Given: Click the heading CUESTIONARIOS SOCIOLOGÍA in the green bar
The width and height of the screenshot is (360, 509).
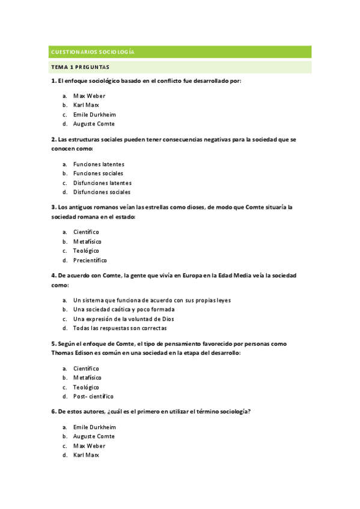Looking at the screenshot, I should [x=93, y=52].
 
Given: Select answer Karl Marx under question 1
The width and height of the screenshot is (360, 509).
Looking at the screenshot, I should [x=86, y=105].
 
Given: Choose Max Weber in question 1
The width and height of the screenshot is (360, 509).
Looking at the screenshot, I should [x=89, y=95].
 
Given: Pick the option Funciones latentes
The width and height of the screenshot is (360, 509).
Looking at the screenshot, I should [x=99, y=164].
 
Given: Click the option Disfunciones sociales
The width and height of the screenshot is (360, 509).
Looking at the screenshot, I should [x=102, y=192].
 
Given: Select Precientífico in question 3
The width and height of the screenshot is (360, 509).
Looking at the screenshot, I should [x=90, y=261].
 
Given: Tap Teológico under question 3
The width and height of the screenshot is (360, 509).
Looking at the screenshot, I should [x=86, y=251].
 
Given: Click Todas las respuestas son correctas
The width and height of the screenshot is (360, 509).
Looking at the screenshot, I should [x=120, y=328].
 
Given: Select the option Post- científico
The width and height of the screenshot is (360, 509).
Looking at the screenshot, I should [x=93, y=397].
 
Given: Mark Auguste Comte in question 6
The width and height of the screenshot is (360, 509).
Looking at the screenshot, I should [x=94, y=436].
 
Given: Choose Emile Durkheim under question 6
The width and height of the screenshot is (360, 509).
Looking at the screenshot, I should [x=94, y=427].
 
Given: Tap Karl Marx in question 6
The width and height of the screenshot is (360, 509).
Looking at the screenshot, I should [x=86, y=455].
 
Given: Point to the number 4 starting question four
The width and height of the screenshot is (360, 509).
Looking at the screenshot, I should [x=53, y=276].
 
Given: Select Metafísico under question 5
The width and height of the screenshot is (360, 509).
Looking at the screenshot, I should [x=87, y=378].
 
